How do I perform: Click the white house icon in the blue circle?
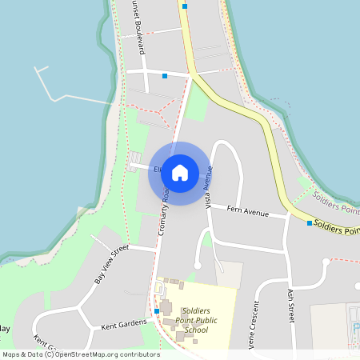pos(179,173)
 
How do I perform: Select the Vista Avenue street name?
pos(209,187)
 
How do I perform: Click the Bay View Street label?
pos(111,265)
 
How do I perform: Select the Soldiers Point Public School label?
pos(195,319)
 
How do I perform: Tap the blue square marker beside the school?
pos(157,310)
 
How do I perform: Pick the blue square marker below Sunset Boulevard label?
pos(165,76)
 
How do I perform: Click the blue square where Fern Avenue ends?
pos(310,222)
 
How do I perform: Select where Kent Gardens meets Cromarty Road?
pos(152,322)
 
